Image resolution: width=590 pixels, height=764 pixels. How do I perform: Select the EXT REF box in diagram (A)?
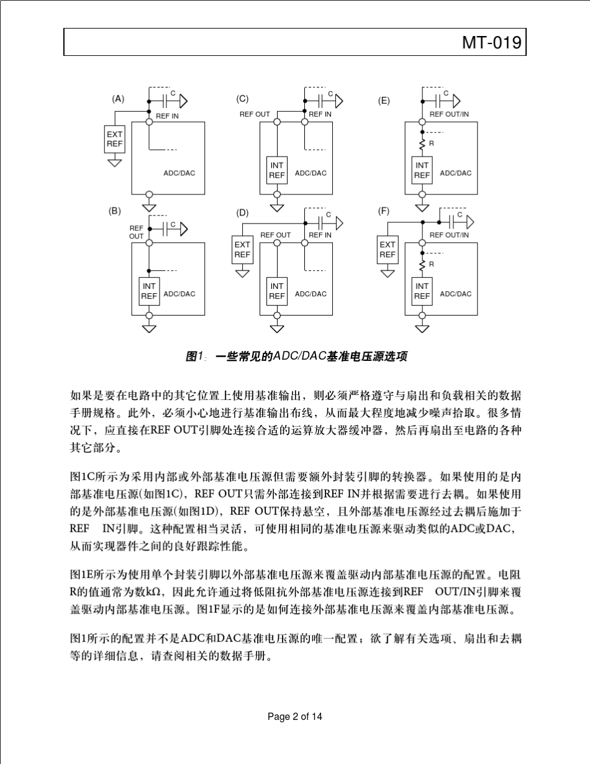click(x=114, y=139)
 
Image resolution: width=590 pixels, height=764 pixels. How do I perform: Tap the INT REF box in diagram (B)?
click(x=150, y=291)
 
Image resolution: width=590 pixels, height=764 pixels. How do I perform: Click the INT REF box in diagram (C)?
click(x=277, y=171)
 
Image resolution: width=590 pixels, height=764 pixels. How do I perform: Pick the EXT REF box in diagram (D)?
click(x=242, y=250)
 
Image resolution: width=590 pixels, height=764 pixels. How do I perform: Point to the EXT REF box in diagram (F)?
click(x=388, y=250)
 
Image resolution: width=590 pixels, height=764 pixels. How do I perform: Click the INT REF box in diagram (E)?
click(x=422, y=170)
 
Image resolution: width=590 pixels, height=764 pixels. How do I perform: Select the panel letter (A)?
click(x=118, y=98)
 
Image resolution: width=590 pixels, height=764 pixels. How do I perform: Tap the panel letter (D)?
click(x=242, y=212)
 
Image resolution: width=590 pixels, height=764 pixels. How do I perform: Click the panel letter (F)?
click(x=384, y=211)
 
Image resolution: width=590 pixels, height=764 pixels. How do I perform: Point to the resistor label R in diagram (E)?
click(x=432, y=143)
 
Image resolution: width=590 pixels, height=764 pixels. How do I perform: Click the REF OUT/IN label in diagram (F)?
click(x=449, y=235)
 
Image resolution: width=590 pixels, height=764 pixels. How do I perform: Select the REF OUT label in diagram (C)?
click(x=255, y=114)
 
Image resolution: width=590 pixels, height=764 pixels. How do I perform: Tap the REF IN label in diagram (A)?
click(x=167, y=116)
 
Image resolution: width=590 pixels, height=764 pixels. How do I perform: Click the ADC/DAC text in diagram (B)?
click(x=179, y=294)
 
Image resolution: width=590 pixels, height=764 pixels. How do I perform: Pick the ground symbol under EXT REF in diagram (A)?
click(x=114, y=162)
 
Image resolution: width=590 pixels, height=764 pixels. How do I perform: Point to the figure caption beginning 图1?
click(x=297, y=357)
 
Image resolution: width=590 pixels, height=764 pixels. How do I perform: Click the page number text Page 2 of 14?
click(x=295, y=717)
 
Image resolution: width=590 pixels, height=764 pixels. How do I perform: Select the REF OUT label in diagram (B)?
click(x=137, y=232)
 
